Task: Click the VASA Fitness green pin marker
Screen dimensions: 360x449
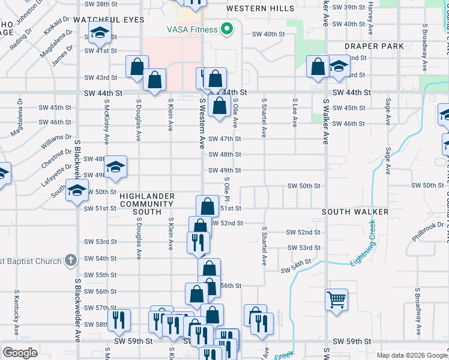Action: pos(227,28)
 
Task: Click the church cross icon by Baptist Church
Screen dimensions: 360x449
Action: pos(71,260)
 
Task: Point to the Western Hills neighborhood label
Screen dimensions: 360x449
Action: pos(261,8)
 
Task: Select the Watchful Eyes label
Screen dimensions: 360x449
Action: pos(109,20)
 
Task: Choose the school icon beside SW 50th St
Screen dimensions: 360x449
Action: pos(77,191)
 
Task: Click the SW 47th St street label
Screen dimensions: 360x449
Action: pos(224,139)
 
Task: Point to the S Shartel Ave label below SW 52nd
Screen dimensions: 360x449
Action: pos(264,254)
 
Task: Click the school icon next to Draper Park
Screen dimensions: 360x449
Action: pos(338,67)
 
